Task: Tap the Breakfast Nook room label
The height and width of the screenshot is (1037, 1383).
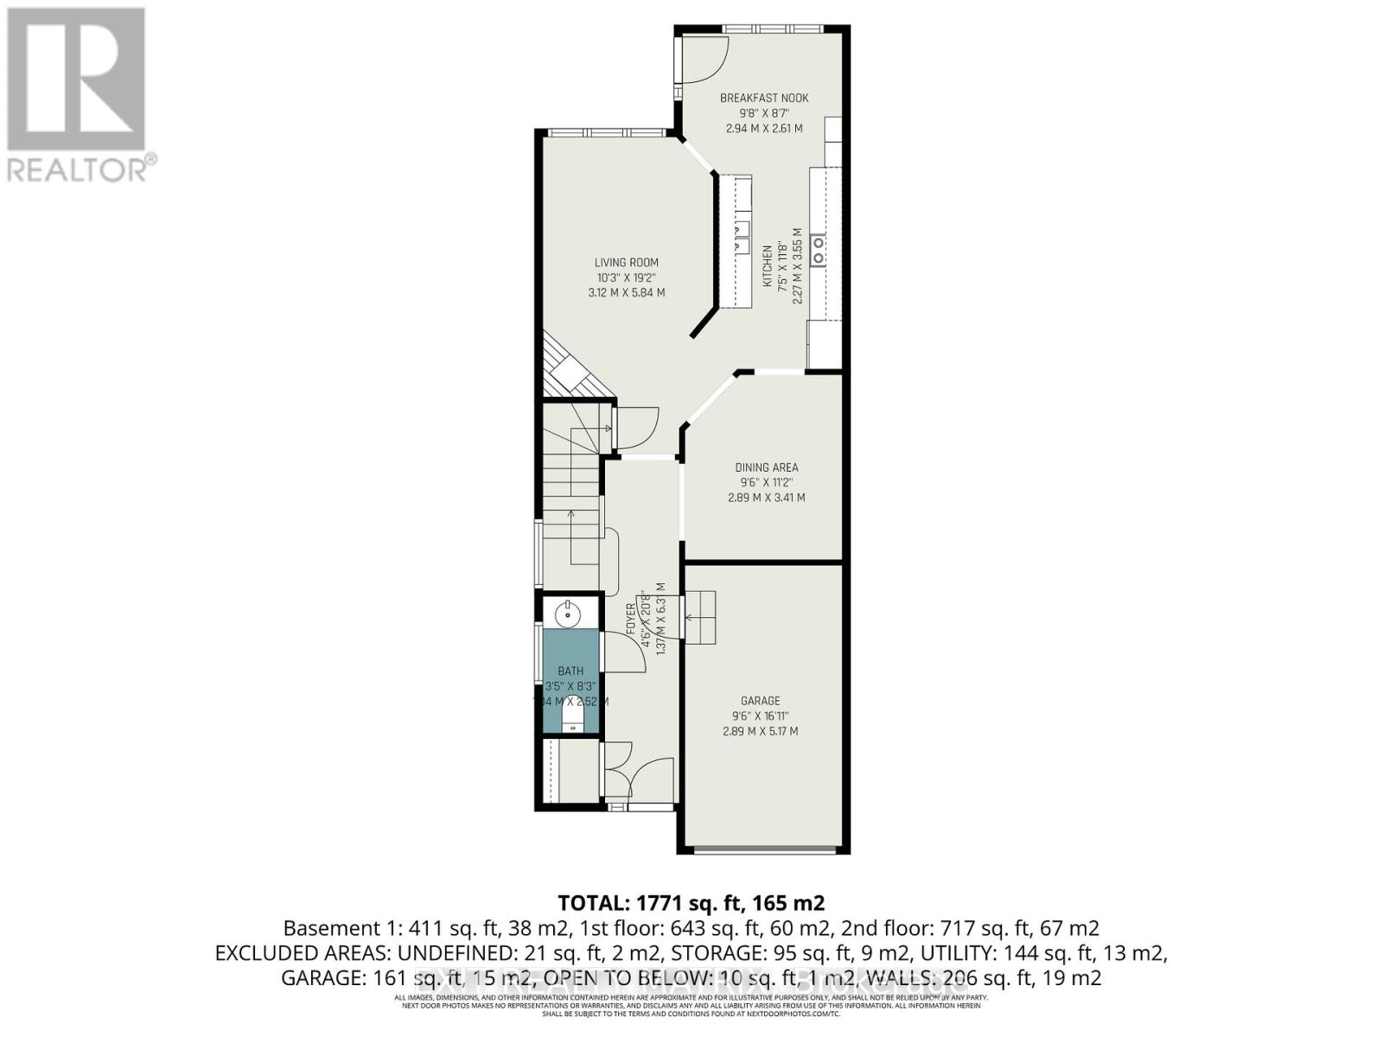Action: click(764, 99)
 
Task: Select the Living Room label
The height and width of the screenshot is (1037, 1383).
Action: click(626, 263)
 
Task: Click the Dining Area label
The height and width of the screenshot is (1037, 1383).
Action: click(766, 468)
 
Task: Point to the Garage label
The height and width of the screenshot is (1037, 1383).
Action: click(760, 701)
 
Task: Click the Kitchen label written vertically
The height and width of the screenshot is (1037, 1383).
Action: click(767, 265)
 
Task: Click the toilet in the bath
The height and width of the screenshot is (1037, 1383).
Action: click(571, 717)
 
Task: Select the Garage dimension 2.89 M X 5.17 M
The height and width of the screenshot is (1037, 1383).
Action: click(760, 731)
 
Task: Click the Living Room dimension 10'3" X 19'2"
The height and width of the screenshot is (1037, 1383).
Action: click(626, 277)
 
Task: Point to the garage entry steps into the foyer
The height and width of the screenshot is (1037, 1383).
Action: click(700, 616)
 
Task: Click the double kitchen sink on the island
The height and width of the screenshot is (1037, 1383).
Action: click(741, 237)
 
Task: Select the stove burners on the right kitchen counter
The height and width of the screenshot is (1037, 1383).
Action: click(818, 249)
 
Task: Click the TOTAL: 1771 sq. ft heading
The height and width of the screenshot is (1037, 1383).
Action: click(691, 903)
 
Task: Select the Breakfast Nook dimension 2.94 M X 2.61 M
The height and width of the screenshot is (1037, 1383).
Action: click(764, 128)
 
